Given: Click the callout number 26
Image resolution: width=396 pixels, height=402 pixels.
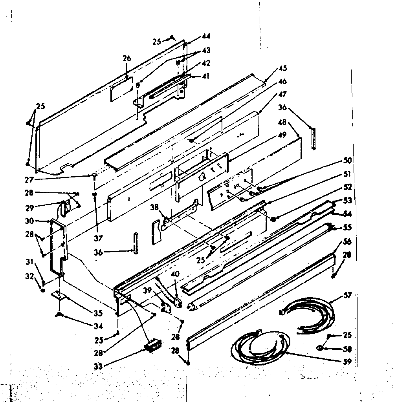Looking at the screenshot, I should click(x=126, y=59).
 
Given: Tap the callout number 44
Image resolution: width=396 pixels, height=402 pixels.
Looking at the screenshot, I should click(x=206, y=36).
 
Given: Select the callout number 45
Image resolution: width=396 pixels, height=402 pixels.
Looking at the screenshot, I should click(x=283, y=68).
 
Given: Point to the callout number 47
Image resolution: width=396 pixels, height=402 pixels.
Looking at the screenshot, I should click(x=283, y=94).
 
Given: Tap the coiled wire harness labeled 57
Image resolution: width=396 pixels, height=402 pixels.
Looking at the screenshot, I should click(x=310, y=314).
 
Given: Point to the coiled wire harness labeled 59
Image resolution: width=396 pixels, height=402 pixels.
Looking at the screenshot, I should click(x=259, y=345).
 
